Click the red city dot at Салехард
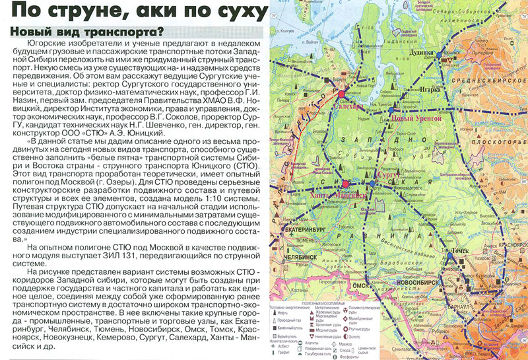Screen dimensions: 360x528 (x=342, y=95)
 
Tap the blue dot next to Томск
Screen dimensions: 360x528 (x=449, y=253)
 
